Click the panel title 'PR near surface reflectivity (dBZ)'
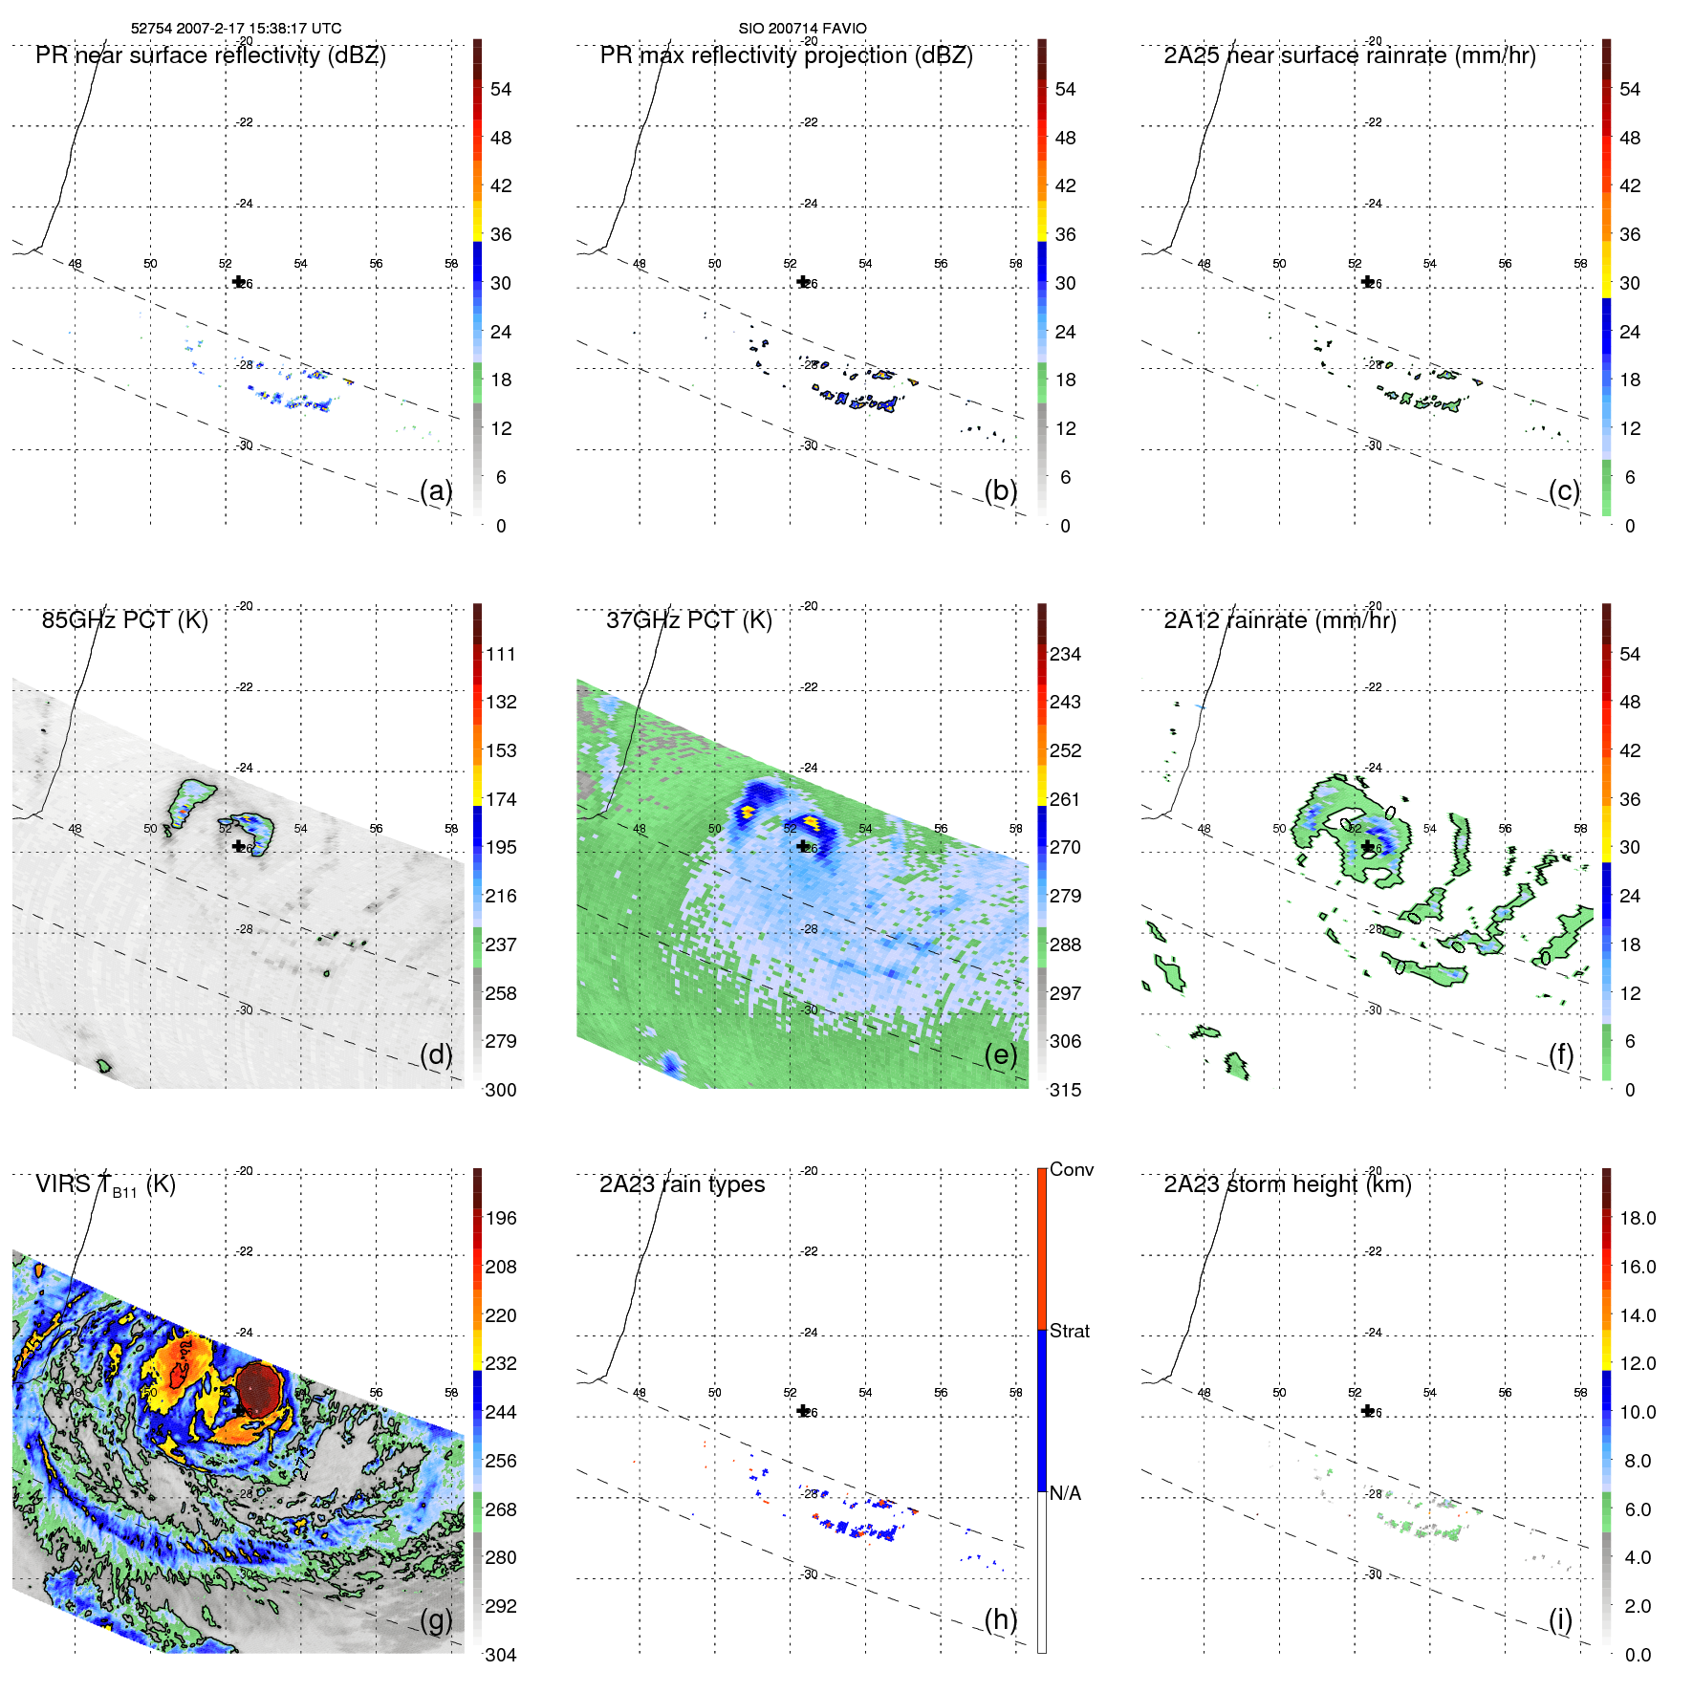coord(210,55)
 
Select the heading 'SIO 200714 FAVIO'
coord(802,29)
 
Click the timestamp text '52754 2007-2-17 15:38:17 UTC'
coord(236,29)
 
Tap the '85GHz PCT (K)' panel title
coord(124,620)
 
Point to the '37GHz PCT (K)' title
coord(688,620)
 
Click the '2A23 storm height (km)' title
coord(1287,1184)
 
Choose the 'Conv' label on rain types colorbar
coord(1071,1170)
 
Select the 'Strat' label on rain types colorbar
coord(1069,1332)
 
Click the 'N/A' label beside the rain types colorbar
coord(1065,1493)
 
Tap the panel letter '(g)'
coord(436,1619)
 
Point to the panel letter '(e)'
coord(1001,1054)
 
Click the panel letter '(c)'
coord(1564,490)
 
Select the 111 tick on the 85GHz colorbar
coord(500,655)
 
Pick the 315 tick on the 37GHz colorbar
coord(1065,1090)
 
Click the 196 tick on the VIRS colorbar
coord(500,1219)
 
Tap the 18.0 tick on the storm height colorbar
coord(1637,1219)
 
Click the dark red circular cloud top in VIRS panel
coord(258,1388)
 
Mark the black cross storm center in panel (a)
coord(238,282)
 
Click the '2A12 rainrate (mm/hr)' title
coord(1279,620)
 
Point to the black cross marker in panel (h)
coord(803,1411)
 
